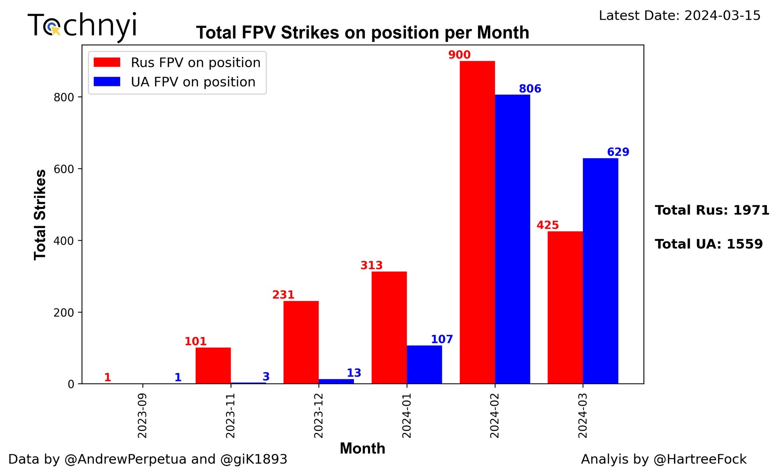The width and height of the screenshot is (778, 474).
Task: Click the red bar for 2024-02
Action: pos(477,222)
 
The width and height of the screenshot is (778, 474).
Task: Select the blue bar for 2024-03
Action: pos(600,271)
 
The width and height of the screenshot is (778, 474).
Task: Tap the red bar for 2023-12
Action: pos(301,342)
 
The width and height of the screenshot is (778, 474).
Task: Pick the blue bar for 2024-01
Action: pos(424,365)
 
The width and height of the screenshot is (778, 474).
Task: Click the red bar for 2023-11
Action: pos(213,365)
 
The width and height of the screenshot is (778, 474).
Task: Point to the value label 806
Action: pos(530,89)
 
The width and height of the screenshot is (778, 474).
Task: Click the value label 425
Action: pos(547,225)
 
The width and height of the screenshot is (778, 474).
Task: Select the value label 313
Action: pos(371,265)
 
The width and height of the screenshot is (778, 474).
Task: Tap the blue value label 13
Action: pos(354,373)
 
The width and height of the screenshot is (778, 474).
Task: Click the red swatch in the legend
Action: pos(107,62)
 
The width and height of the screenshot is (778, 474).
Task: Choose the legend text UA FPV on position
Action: pos(193,82)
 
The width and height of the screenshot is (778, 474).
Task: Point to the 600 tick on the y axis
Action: pos(63,169)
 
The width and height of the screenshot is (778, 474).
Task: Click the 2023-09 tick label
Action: pos(142,415)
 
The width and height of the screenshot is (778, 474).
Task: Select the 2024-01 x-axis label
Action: pos(407,415)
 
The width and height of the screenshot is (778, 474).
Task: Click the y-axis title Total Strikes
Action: pos(40,215)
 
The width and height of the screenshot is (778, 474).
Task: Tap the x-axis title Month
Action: pos(362,449)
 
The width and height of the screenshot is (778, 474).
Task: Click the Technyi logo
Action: pos(82,26)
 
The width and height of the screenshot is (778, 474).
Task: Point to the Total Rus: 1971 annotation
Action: pos(712,210)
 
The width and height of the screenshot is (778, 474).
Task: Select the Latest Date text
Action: pos(680,16)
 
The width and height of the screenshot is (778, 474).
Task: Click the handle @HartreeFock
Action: pos(700,459)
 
